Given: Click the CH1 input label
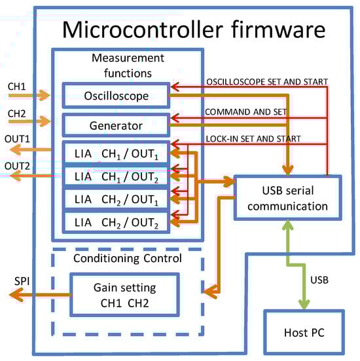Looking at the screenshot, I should click(18, 85).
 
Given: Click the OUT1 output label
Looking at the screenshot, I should click(18, 140).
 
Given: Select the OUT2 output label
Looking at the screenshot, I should click(18, 165).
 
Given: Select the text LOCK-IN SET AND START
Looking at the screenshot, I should click(252, 138).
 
